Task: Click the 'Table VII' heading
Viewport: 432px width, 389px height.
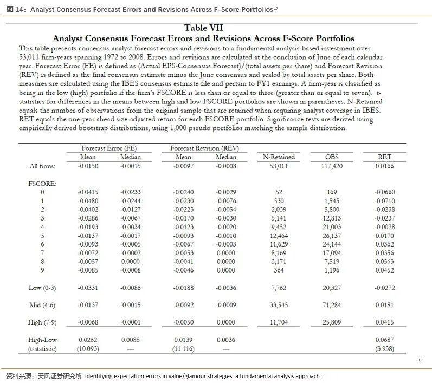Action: tap(203, 28)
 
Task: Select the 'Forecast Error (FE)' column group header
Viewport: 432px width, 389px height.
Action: tap(108, 148)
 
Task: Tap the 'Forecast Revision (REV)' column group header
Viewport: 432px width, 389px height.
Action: tap(204, 148)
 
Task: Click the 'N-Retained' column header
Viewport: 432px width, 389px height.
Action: tap(279, 157)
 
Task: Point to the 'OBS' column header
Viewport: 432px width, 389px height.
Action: tap(332, 157)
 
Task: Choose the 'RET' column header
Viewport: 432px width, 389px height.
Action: tap(384, 157)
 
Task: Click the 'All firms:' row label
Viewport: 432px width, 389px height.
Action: tap(42, 166)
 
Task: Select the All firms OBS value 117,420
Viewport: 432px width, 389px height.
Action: tap(332, 166)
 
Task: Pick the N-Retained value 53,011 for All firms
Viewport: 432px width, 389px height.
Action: tap(279, 166)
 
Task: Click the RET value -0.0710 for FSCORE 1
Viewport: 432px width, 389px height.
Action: tap(384, 200)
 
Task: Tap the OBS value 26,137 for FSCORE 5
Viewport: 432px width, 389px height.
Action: tap(332, 236)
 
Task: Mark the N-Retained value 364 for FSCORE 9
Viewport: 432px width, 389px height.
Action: tap(279, 270)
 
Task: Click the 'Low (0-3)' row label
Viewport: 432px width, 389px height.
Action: tap(42, 288)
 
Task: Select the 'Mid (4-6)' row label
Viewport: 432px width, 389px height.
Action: tap(42, 305)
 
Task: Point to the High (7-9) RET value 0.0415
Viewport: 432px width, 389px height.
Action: tap(384, 322)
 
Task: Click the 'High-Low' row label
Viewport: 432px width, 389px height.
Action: tap(42, 340)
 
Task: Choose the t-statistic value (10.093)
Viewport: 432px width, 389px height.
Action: tap(87, 348)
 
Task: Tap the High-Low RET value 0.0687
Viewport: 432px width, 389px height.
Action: tap(384, 340)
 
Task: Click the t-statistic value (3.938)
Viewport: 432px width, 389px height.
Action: tap(384, 348)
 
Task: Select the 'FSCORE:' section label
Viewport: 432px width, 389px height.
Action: tap(42, 184)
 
